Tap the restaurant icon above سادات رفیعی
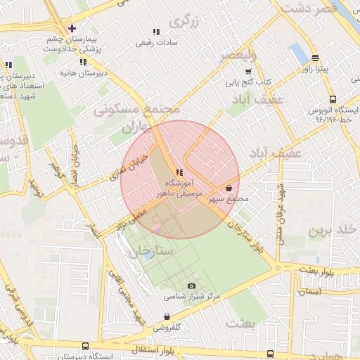[156, 32]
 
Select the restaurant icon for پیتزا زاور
[315, 58]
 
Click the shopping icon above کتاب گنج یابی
[247, 71]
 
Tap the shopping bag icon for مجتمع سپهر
[231, 188]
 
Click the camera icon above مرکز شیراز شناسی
[192, 285]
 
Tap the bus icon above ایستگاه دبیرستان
[85, 346]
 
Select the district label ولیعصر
[237, 55]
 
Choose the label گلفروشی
[168, 327]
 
